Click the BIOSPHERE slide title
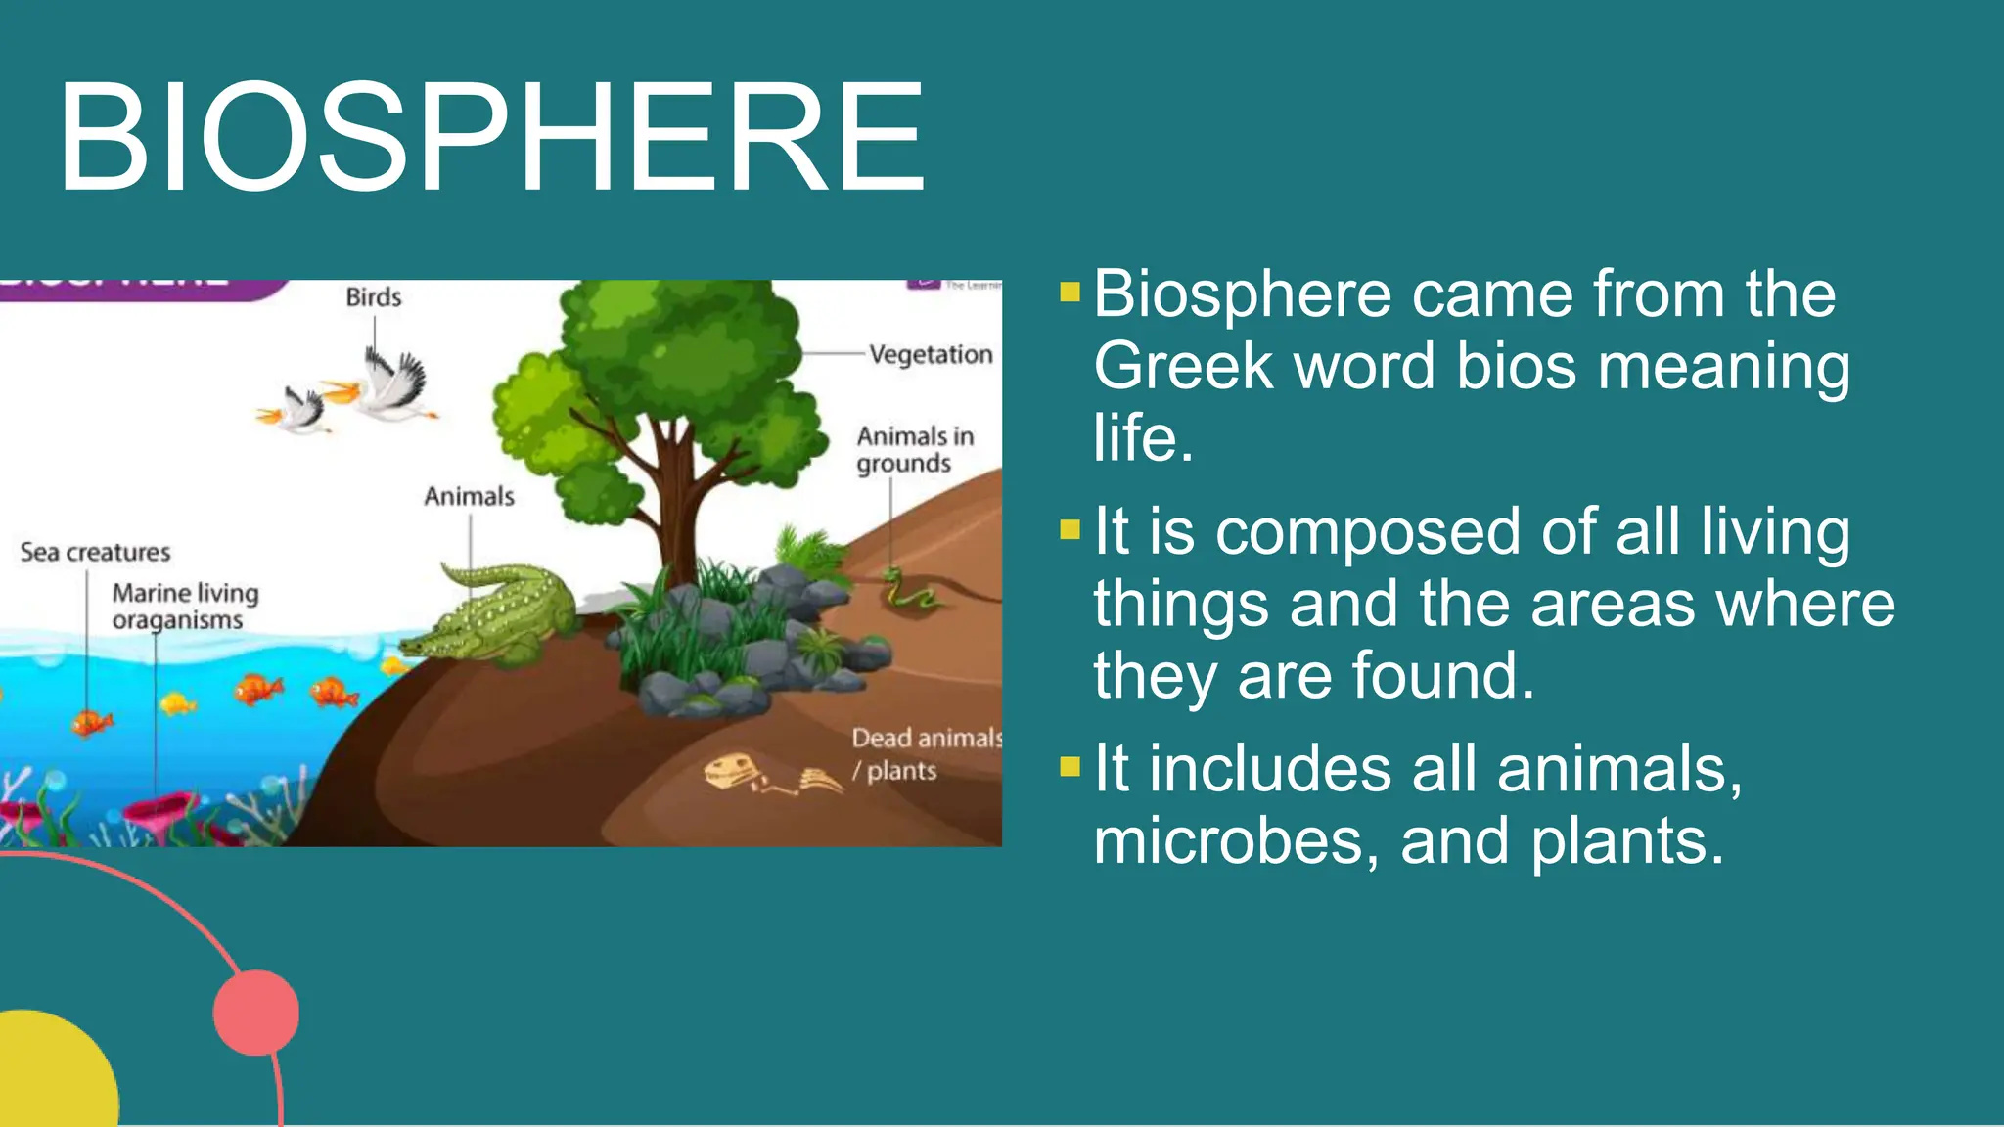(x=491, y=137)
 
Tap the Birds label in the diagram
(x=373, y=297)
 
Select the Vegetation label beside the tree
(x=931, y=354)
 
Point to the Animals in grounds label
(x=914, y=449)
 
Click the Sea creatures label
(x=95, y=553)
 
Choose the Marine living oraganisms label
(x=184, y=607)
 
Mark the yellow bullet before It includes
(x=1070, y=765)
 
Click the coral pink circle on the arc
(x=256, y=1013)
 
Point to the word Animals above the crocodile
(x=469, y=497)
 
